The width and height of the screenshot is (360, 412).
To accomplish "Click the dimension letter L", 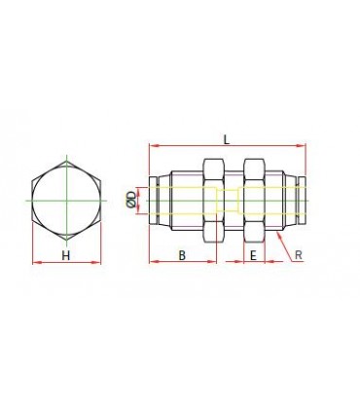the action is pyautogui.click(x=227, y=139).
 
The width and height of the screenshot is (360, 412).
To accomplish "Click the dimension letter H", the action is pyautogui.click(x=66, y=256).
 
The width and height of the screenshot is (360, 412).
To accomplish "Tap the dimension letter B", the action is pyautogui.click(x=182, y=255).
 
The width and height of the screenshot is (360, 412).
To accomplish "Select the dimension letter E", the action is pyautogui.click(x=254, y=255).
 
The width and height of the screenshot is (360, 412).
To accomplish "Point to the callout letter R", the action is pyautogui.click(x=299, y=255).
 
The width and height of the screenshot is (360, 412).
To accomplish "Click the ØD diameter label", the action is pyautogui.click(x=131, y=200).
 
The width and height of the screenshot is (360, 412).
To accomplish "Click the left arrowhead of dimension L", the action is pyautogui.click(x=153, y=146).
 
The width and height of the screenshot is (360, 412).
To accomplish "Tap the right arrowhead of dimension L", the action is pyautogui.click(x=302, y=146).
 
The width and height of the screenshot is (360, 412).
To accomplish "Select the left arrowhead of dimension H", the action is pyautogui.click(x=37, y=262).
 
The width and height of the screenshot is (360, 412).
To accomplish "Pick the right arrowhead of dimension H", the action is pyautogui.click(x=96, y=262).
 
